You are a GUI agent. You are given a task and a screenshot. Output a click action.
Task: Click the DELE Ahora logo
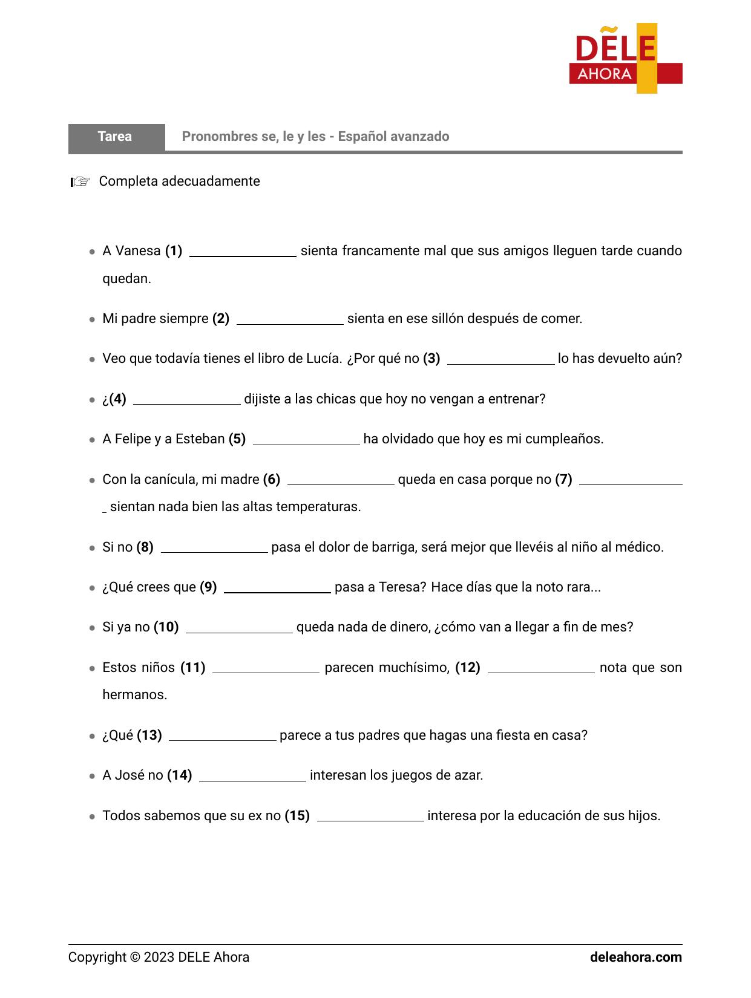[625, 59]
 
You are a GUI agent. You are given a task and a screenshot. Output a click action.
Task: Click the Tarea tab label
[115, 137]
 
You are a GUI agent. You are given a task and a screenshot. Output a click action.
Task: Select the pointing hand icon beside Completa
[80, 181]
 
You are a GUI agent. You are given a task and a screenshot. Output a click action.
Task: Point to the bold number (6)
[272, 480]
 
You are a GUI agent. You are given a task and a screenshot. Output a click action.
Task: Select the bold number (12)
[468, 668]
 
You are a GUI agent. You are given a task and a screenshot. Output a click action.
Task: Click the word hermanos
[134, 695]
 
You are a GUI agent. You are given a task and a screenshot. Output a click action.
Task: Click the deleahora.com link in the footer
[635, 957]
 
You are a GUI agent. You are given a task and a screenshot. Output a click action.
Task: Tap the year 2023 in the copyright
[159, 957]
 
